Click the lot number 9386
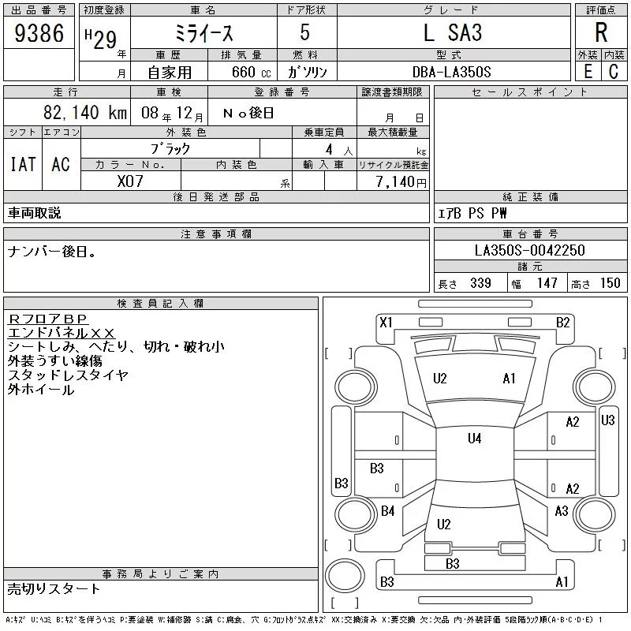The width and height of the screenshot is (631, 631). tap(39, 32)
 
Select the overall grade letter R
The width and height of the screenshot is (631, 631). tap(601, 32)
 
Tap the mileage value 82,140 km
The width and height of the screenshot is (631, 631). tap(85, 112)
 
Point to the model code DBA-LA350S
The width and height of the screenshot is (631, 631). tap(451, 72)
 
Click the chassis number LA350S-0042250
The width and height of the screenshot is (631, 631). tap(529, 250)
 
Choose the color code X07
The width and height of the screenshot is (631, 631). tap(130, 181)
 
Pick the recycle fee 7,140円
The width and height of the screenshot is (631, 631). tap(401, 182)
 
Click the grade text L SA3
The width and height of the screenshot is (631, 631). tap(453, 32)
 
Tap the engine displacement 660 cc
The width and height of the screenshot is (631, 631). tap(251, 72)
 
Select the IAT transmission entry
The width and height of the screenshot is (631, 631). tap(23, 164)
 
